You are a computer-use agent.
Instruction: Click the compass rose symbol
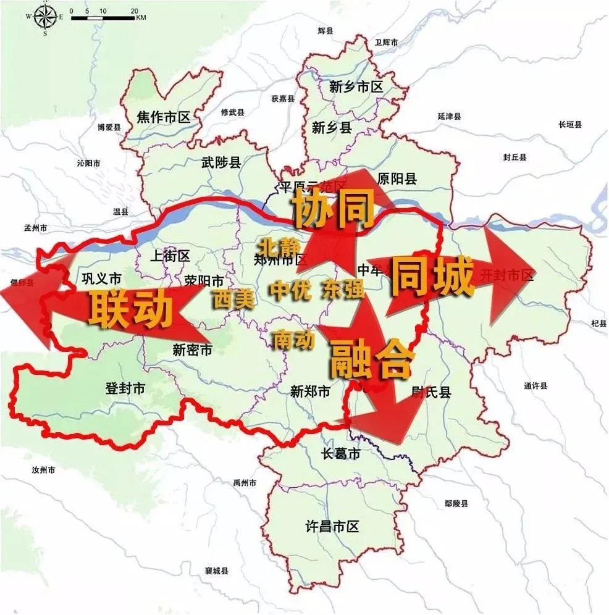pos(44,17)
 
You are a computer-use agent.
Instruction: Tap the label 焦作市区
pos(164,117)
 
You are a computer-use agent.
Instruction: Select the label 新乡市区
pos(356,87)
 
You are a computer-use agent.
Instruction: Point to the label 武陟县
pos(221,162)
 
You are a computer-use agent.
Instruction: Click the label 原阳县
pos(396,179)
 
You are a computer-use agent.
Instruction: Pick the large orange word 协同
pos(334,209)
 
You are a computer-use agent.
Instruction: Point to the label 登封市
pos(125,388)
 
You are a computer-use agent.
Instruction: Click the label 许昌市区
pos(332,527)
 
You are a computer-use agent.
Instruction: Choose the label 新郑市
pos(310,391)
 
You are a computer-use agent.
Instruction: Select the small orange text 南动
pos(294,339)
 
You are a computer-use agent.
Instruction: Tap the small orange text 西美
pos(234,299)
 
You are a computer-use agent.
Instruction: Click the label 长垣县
pos(570,125)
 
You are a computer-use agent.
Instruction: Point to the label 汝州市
pos(43,470)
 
